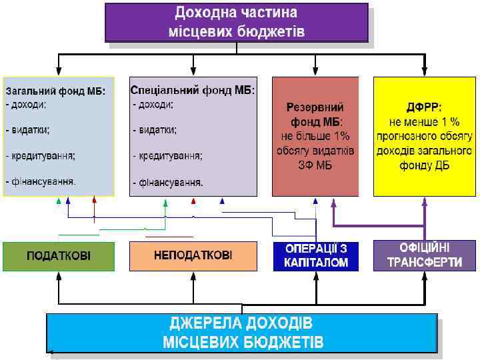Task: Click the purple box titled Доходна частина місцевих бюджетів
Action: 236,22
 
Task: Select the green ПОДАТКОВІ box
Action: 59,256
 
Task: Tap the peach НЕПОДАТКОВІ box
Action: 193,256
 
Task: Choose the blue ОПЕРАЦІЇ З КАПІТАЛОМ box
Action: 316,256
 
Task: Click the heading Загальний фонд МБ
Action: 55,91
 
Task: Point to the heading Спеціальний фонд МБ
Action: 193,89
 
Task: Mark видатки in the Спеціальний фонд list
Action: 157,130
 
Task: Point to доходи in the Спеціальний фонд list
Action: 155,105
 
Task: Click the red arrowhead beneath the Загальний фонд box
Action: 94,199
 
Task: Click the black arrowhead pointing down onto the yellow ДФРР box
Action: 424,71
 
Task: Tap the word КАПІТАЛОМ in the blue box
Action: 316,263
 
